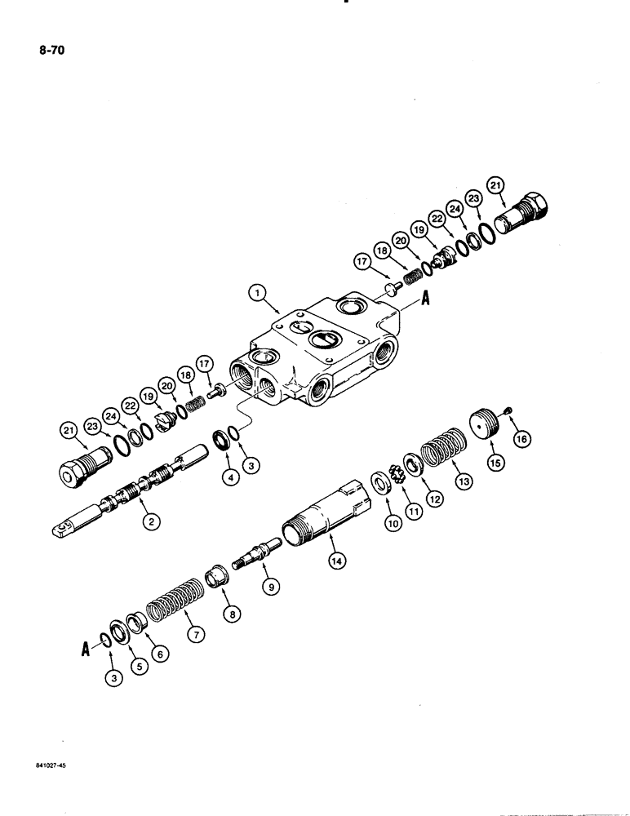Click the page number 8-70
[49, 51]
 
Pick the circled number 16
[519, 440]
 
